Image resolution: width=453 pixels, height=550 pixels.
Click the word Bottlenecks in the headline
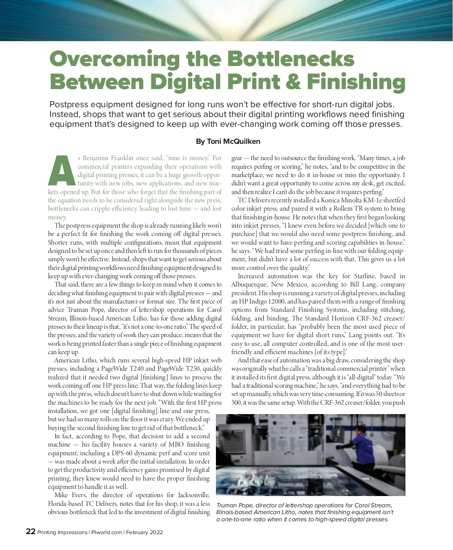click(291, 60)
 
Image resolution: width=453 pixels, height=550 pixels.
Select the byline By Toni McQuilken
click(228, 142)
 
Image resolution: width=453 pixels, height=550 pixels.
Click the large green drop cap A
click(62, 171)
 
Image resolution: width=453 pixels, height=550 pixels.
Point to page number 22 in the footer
click(31, 532)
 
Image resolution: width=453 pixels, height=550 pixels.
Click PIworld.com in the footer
click(106, 532)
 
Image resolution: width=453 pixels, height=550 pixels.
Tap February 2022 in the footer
click(145, 532)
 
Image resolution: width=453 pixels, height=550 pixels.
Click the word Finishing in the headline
click(356, 82)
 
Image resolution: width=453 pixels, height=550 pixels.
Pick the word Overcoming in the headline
click(114, 60)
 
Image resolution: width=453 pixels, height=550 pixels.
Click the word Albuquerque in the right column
click(250, 285)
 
